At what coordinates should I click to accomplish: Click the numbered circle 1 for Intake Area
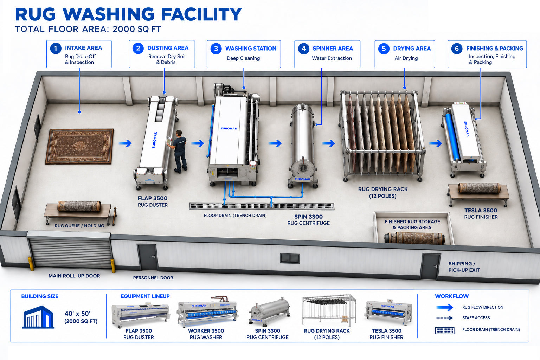point(56,49)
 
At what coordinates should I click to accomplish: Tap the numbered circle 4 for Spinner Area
point(303,49)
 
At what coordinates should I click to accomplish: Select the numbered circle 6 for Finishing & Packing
point(457,49)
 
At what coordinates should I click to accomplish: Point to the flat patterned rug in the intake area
point(79,146)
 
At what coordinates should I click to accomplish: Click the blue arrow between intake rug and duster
point(125,143)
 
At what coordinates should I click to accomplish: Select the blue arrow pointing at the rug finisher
point(435,143)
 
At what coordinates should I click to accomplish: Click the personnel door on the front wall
point(147,257)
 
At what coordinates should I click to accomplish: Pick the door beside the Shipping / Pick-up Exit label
point(430,266)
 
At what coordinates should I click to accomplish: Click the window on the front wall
point(290,258)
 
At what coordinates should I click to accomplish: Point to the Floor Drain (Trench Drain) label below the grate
point(235,215)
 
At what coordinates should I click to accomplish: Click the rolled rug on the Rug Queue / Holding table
point(79,206)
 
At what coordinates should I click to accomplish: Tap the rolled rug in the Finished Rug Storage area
point(414,238)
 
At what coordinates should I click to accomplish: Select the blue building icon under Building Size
point(38,317)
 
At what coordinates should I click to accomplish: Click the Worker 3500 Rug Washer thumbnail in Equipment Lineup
point(207,311)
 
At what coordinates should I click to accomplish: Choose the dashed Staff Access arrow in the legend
point(444,318)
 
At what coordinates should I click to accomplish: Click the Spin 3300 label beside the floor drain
point(308,217)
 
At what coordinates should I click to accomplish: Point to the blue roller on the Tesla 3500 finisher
point(452,137)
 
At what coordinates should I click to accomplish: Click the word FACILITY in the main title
point(201,14)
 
